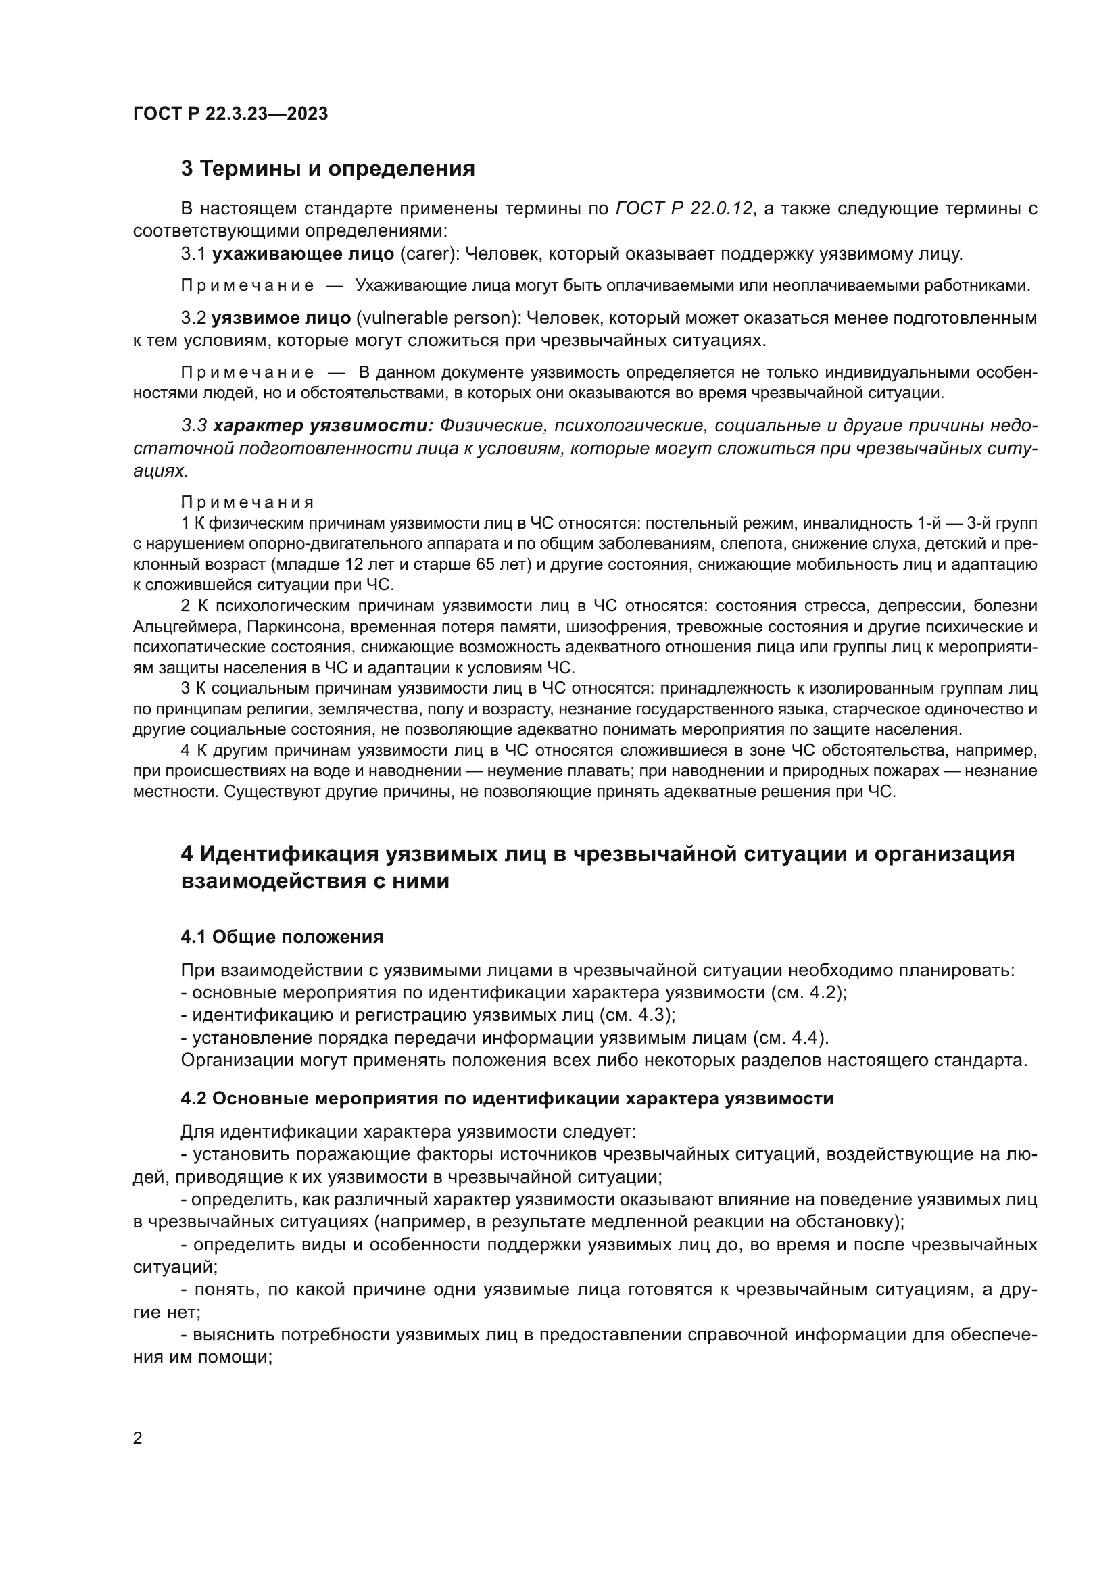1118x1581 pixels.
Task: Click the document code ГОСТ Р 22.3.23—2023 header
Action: pyautogui.click(x=230, y=114)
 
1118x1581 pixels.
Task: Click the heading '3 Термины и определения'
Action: pyautogui.click(x=328, y=169)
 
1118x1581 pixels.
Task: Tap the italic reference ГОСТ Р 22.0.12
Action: pyautogui.click(x=683, y=209)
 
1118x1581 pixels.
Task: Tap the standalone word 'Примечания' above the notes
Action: pyautogui.click(x=248, y=502)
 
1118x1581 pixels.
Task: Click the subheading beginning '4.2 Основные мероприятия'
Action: pyautogui.click(x=507, y=1098)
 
